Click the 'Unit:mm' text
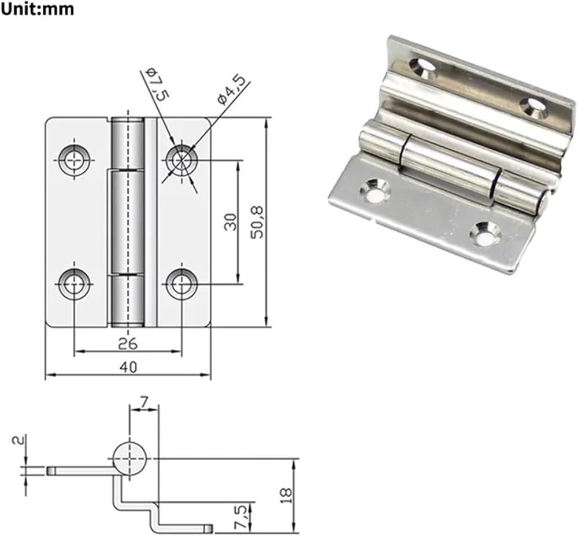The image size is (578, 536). (x=37, y=9)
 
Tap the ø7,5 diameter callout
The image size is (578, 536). (x=157, y=84)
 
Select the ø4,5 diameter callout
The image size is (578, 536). (x=232, y=89)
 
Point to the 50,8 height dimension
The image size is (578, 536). (x=257, y=222)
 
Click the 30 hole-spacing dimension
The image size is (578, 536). (x=231, y=222)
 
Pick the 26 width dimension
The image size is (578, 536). (x=128, y=343)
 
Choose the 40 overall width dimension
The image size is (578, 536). (x=128, y=367)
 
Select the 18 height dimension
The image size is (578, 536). (x=286, y=496)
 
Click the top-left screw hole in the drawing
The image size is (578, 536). (x=75, y=160)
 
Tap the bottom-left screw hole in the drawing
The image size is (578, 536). (x=75, y=284)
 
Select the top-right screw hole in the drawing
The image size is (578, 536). (x=181, y=160)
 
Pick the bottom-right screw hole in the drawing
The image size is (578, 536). (x=181, y=284)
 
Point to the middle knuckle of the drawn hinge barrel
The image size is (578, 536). (x=128, y=222)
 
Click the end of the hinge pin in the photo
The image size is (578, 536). (x=544, y=202)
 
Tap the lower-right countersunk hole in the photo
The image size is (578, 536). (x=486, y=234)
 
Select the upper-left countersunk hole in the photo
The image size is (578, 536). (x=423, y=68)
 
